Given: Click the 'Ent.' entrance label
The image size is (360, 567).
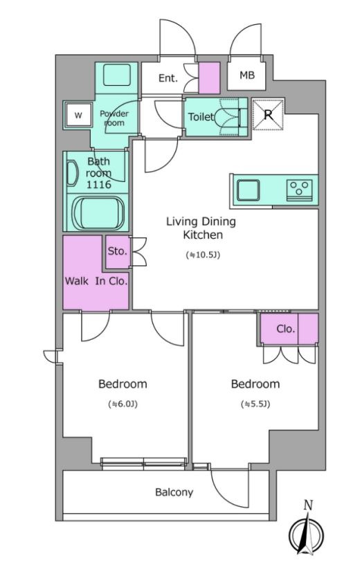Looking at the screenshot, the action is click(168, 78).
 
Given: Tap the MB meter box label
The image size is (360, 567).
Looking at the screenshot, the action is click(247, 75).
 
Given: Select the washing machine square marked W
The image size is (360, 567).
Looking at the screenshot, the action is click(78, 116).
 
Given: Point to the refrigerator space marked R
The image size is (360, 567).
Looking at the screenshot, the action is click(268, 115).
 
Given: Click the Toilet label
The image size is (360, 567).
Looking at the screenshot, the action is click(201, 117).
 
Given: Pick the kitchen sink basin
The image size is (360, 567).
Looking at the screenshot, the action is click(248, 190).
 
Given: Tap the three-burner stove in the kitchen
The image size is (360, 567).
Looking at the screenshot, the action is click(299, 190).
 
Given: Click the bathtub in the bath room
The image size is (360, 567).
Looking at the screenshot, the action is click(98, 213).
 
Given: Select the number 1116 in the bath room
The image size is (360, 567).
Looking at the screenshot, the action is click(98, 185).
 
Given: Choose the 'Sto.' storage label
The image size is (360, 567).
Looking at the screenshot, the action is click(118, 251).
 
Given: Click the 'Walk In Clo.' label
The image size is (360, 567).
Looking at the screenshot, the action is click(96, 281).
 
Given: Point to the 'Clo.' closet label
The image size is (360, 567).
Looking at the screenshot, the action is click(285, 329).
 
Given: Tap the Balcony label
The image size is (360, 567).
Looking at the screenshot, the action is click(174, 492).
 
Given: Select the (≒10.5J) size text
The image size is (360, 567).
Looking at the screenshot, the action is click(203, 255).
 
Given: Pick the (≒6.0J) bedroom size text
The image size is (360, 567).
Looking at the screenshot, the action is click(123, 404).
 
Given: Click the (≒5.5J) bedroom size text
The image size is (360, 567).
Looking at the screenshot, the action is click(255, 404).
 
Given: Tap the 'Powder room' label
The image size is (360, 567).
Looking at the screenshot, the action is click(114, 118).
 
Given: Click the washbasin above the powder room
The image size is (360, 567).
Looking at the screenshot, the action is click(116, 75).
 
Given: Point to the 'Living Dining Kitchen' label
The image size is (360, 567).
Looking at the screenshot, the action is click(201, 228).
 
